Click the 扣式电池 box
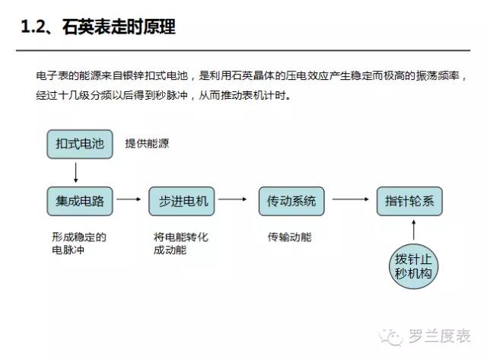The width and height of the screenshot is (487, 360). pyautogui.click(x=80, y=144)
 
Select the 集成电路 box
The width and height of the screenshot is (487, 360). pyautogui.click(x=80, y=201)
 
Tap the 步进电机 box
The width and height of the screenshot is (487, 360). pyautogui.click(x=182, y=201)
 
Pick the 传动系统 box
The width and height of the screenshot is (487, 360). pyautogui.click(x=291, y=201)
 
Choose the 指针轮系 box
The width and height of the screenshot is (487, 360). pyautogui.click(x=409, y=201)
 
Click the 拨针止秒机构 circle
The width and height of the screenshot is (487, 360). pyautogui.click(x=414, y=266)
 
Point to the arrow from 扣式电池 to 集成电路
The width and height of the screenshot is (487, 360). pyautogui.click(x=76, y=173)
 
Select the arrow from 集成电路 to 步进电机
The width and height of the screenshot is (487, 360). pyautogui.click(x=129, y=199)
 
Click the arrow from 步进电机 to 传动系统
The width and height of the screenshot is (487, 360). pyautogui.click(x=233, y=199)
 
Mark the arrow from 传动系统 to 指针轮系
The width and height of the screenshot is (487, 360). pyautogui.click(x=351, y=199)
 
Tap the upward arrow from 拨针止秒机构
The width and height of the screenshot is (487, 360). pyautogui.click(x=414, y=230)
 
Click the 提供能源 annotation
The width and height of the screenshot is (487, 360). pyautogui.click(x=147, y=144)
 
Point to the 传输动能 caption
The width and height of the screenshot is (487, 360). pyautogui.click(x=290, y=237)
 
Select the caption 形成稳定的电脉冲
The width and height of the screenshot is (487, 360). pyautogui.click(x=79, y=244)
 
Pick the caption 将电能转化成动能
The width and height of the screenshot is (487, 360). pyautogui.click(x=181, y=244)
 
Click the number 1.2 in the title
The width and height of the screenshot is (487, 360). pyautogui.click(x=33, y=27)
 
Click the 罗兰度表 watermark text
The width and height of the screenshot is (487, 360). pyautogui.click(x=439, y=336)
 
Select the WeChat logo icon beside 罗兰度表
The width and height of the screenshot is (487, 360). pyautogui.click(x=390, y=336)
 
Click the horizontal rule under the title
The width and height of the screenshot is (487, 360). pyautogui.click(x=243, y=50)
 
